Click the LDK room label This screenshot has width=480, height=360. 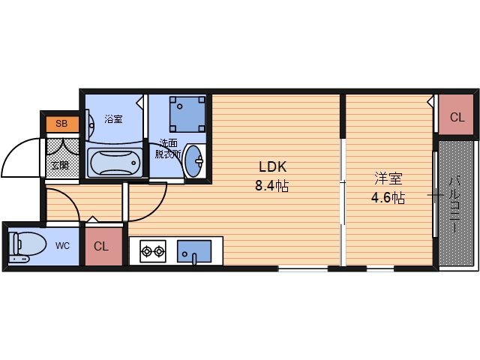pos(273,167)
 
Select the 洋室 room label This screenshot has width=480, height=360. pos(389,179)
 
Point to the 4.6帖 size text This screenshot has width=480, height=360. pos(389,199)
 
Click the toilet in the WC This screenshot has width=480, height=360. pos(27,246)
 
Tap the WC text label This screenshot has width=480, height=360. pos(64,245)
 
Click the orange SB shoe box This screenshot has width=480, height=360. pos(61,124)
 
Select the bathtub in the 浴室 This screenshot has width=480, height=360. pos(115,161)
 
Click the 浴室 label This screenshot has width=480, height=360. pos(113,119)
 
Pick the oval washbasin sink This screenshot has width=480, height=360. pos(193,160)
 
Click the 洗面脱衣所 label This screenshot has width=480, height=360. pos(168,148)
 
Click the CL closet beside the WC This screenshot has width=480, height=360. pos(101,246)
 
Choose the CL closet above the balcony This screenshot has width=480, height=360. pos(457,117)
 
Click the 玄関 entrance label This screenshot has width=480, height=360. pos(59,164)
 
